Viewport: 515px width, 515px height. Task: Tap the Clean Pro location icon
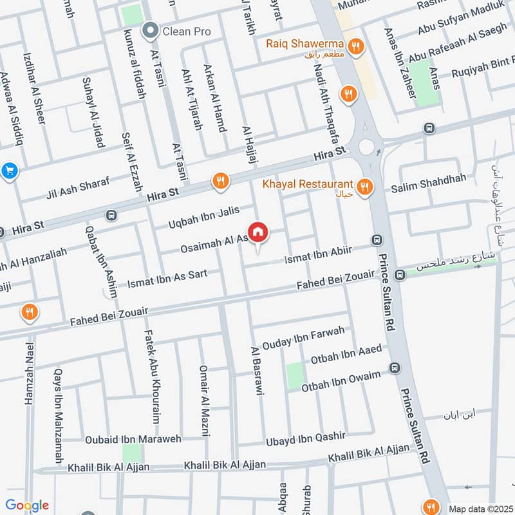point(151,30)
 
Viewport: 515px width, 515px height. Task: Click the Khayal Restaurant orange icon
point(365,187)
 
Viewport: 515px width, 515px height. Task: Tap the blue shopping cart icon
point(9,171)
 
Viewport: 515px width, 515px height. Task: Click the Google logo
point(27,505)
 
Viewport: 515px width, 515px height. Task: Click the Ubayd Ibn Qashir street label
point(306,440)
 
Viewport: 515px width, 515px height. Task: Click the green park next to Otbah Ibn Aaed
point(295,375)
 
